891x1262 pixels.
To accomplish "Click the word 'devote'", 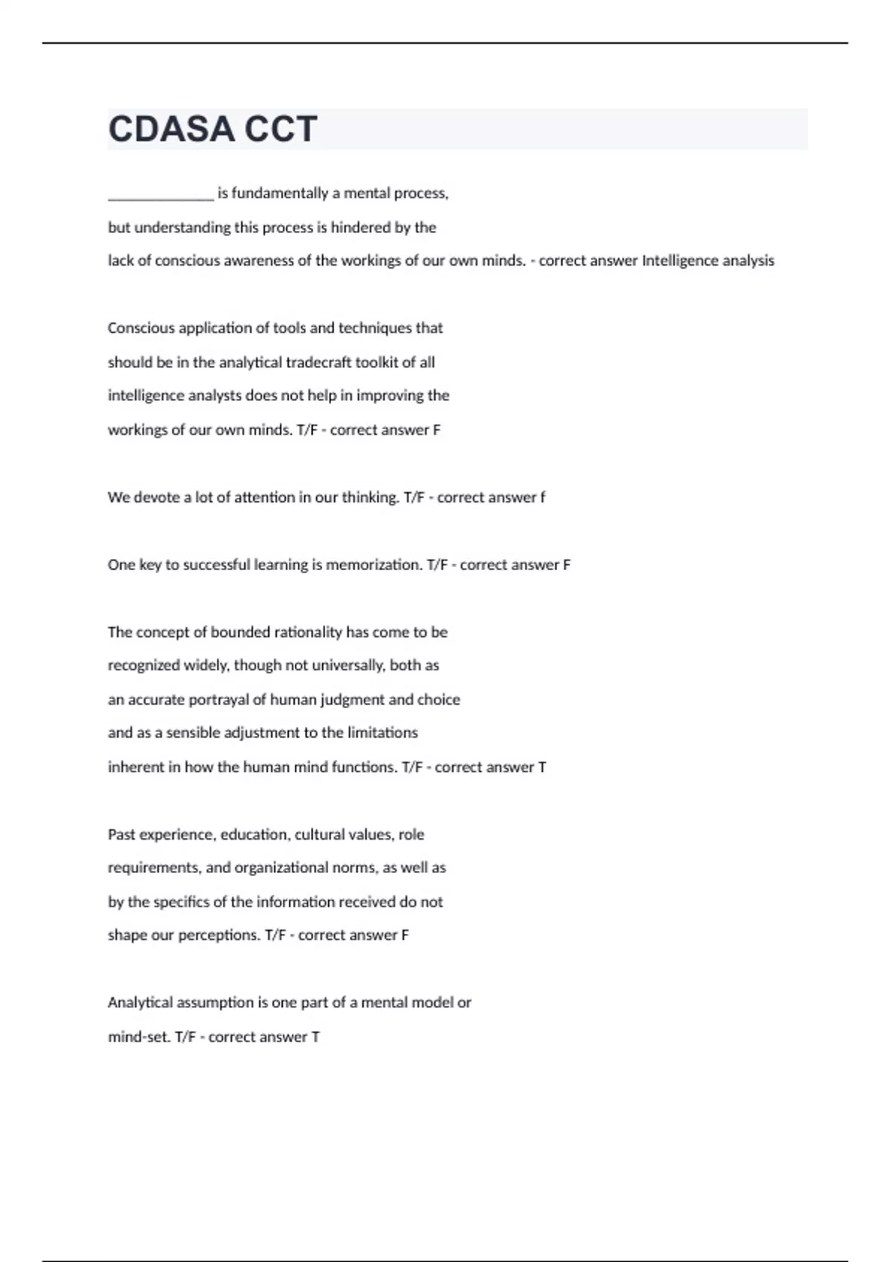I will (x=157, y=497).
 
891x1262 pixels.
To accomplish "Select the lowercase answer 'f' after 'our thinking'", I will (x=543, y=497).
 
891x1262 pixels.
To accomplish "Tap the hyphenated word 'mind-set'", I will (x=139, y=1037).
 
